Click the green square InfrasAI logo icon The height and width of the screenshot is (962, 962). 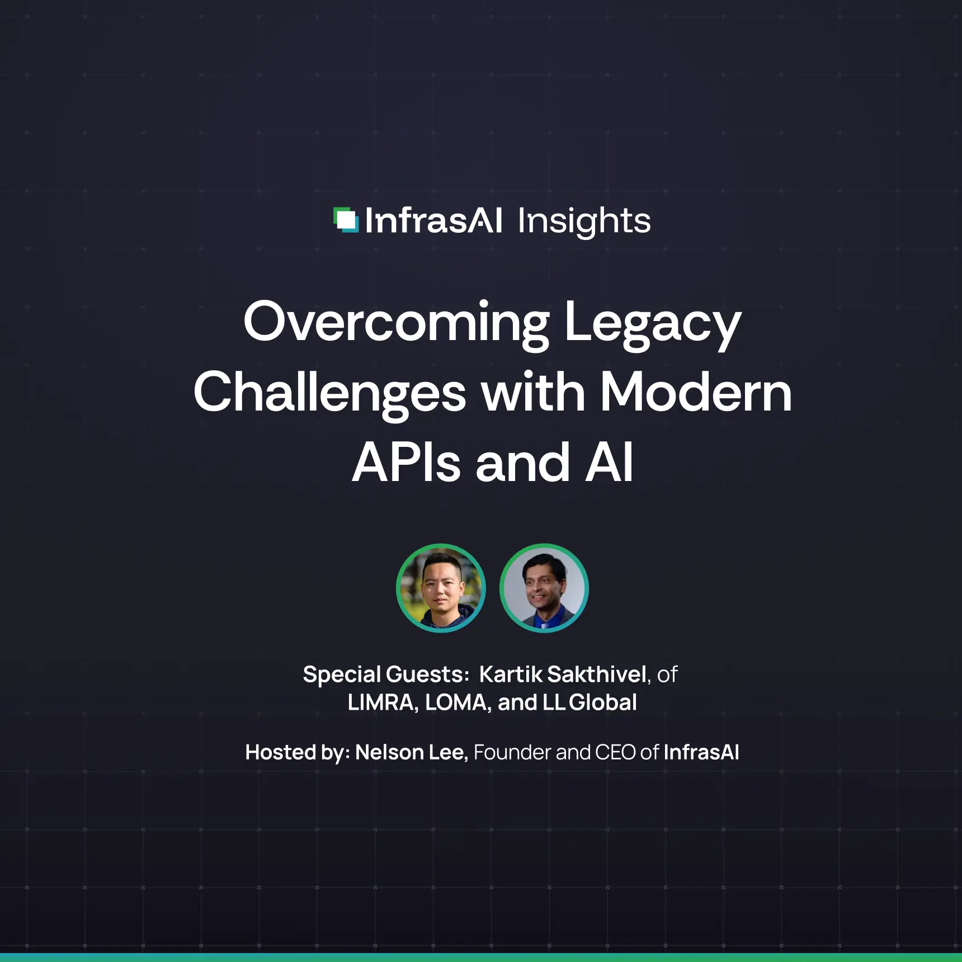tap(346, 220)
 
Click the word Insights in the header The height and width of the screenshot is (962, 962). tap(584, 221)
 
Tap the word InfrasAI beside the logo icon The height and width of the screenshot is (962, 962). tap(433, 221)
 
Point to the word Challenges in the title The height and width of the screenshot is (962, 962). tap(329, 393)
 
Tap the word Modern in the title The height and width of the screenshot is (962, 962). tap(696, 393)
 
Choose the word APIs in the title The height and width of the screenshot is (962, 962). tap(406, 463)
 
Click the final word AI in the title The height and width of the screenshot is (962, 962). tap(609, 463)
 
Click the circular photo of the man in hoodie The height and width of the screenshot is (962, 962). tap(441, 588)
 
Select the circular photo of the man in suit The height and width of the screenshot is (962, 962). tap(544, 588)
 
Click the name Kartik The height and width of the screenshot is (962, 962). tap(510, 675)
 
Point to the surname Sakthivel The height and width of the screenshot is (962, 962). tap(597, 675)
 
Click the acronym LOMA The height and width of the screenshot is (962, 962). tap(456, 702)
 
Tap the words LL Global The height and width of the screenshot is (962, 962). tap(590, 702)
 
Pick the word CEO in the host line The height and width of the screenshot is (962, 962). tap(615, 752)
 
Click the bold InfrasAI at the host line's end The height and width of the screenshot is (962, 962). tap(701, 752)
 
